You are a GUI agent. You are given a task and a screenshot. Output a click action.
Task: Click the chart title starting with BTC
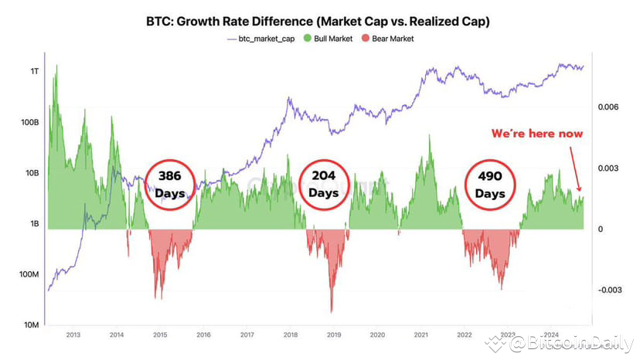[x=320, y=22]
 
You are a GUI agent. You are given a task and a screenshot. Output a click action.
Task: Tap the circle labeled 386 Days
[x=169, y=184]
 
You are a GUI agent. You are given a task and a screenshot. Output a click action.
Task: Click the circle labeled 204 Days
[x=324, y=184]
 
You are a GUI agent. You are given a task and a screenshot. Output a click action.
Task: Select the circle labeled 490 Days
[x=490, y=184]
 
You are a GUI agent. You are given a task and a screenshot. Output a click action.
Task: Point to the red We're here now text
[x=537, y=134]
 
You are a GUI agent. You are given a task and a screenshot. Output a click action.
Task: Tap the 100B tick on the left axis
[x=29, y=122]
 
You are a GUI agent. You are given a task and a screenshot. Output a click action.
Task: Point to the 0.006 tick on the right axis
[x=608, y=107]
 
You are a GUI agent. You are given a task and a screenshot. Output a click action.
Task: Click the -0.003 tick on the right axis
[x=607, y=290]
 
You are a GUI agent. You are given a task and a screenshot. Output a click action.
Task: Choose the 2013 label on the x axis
[x=73, y=335]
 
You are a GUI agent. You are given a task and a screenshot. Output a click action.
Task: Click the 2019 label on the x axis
[x=334, y=335]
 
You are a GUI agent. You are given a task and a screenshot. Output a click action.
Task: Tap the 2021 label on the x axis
[x=421, y=335]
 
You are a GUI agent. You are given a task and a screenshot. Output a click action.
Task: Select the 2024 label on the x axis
[x=551, y=335]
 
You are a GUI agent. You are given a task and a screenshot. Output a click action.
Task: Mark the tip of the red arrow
[x=579, y=191]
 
